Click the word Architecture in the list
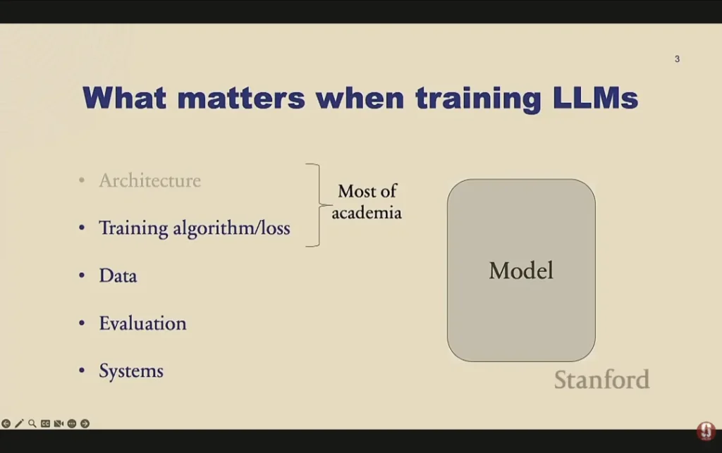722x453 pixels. (x=149, y=181)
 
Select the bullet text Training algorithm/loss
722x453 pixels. (x=194, y=228)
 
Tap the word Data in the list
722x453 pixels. (x=118, y=275)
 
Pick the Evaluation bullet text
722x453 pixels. (x=142, y=323)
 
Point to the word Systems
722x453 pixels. (x=131, y=371)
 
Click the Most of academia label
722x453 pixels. (x=367, y=201)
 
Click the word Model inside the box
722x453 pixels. (x=521, y=271)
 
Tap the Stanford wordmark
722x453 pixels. (x=601, y=380)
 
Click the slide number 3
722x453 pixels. (x=677, y=59)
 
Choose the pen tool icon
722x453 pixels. (x=19, y=423)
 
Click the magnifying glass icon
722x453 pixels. (x=32, y=423)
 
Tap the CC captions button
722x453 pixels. (x=45, y=423)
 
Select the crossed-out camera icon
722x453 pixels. (x=59, y=423)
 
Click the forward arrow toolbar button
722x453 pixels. (x=85, y=423)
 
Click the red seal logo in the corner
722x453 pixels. (x=706, y=431)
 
